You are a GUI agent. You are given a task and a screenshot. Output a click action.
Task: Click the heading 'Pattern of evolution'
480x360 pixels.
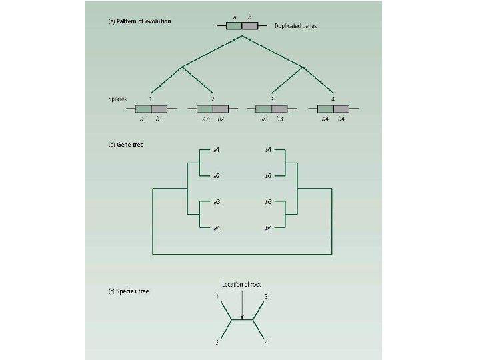pos(142,21)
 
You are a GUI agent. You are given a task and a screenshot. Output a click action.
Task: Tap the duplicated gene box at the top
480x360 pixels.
pos(241,26)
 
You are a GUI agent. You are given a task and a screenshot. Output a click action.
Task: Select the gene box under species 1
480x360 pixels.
pos(151,109)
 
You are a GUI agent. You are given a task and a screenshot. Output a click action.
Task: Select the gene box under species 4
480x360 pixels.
pos(333,109)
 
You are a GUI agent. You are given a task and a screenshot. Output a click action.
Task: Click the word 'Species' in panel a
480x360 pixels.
pos(117,99)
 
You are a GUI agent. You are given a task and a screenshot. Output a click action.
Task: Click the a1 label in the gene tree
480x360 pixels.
pos(217,150)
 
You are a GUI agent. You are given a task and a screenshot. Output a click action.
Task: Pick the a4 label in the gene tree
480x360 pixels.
pos(217,229)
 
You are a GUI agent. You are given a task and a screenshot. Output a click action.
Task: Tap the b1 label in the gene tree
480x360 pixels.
pos(268,150)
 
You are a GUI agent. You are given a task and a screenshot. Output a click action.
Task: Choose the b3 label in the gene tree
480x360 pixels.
pos(268,202)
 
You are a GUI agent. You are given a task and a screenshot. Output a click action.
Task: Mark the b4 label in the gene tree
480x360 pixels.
pos(268,229)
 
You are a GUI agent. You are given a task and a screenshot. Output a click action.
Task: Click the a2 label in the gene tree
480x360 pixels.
pos(217,176)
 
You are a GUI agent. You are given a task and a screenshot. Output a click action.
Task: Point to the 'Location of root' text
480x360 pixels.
pos(242,285)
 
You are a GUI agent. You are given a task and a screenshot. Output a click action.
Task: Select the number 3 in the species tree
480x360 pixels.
pos(267,295)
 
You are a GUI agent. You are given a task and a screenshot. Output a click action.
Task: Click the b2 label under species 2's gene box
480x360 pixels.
pos(221,119)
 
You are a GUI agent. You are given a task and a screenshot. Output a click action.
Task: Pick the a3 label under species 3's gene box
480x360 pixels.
pos(264,119)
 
